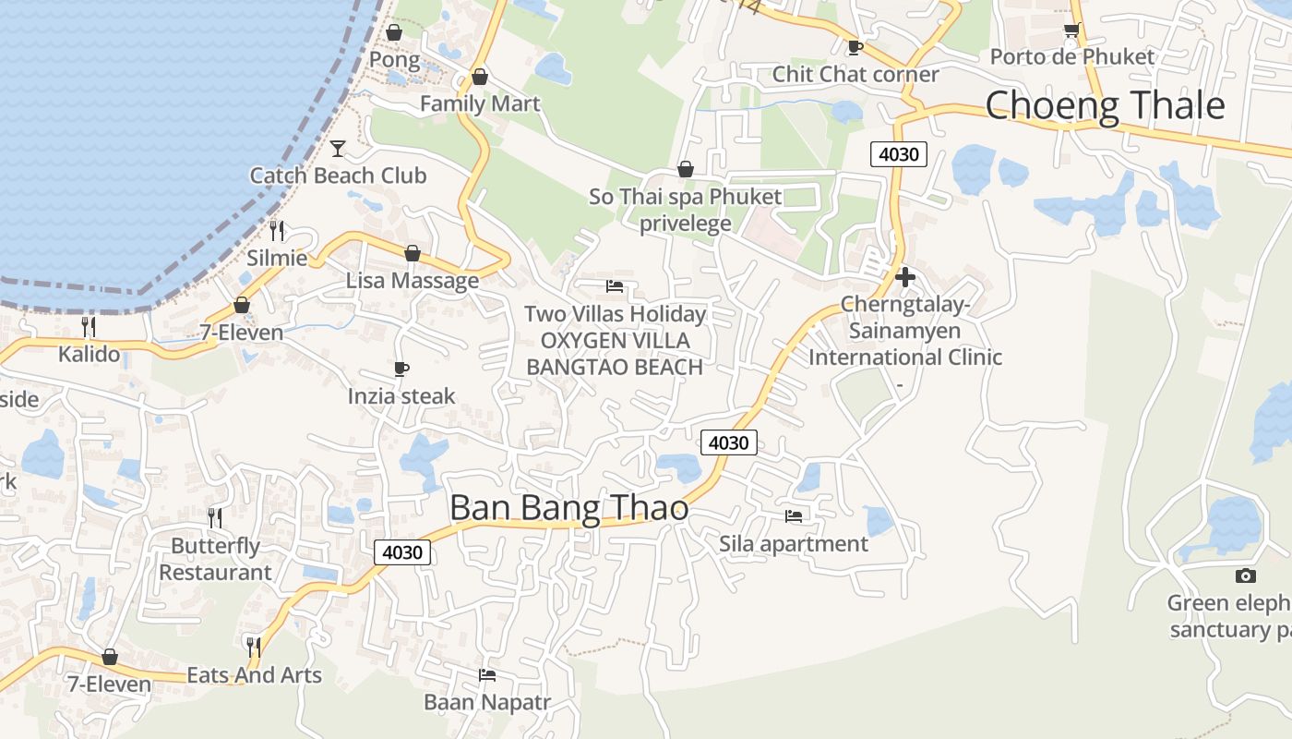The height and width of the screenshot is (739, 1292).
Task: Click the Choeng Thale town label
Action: point(1105,105)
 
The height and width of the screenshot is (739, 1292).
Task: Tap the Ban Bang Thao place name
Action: point(568,508)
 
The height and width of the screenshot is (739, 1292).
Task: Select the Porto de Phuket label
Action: point(1071,56)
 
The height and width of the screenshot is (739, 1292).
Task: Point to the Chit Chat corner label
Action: point(855,74)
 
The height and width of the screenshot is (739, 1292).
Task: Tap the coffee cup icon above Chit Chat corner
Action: point(855,48)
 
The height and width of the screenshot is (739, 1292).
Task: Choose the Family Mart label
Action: point(479,103)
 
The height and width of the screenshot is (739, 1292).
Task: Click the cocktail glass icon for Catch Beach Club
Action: point(338,149)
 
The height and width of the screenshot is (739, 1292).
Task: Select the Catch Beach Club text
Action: point(338,176)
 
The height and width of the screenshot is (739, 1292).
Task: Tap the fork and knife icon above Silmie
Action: point(276,231)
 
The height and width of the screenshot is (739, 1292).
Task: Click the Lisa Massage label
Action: point(412,280)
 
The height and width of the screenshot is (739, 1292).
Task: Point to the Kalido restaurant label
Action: point(89,353)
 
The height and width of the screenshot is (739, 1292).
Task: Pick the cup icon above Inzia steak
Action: point(401,369)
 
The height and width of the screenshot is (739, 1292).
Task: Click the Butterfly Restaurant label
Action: point(215,559)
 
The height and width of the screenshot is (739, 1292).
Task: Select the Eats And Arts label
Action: point(254,675)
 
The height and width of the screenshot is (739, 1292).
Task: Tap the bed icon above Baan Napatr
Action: point(487,675)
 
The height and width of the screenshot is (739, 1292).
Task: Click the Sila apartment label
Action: point(794,543)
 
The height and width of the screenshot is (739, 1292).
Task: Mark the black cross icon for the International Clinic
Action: point(904,276)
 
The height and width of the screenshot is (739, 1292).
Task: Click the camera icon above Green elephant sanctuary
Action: point(1245,576)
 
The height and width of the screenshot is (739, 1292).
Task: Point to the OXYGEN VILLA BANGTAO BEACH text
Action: point(615,354)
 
